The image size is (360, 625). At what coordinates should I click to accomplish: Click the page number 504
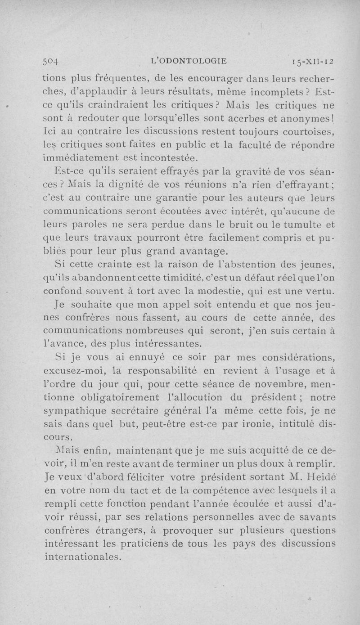[x=53, y=62]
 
